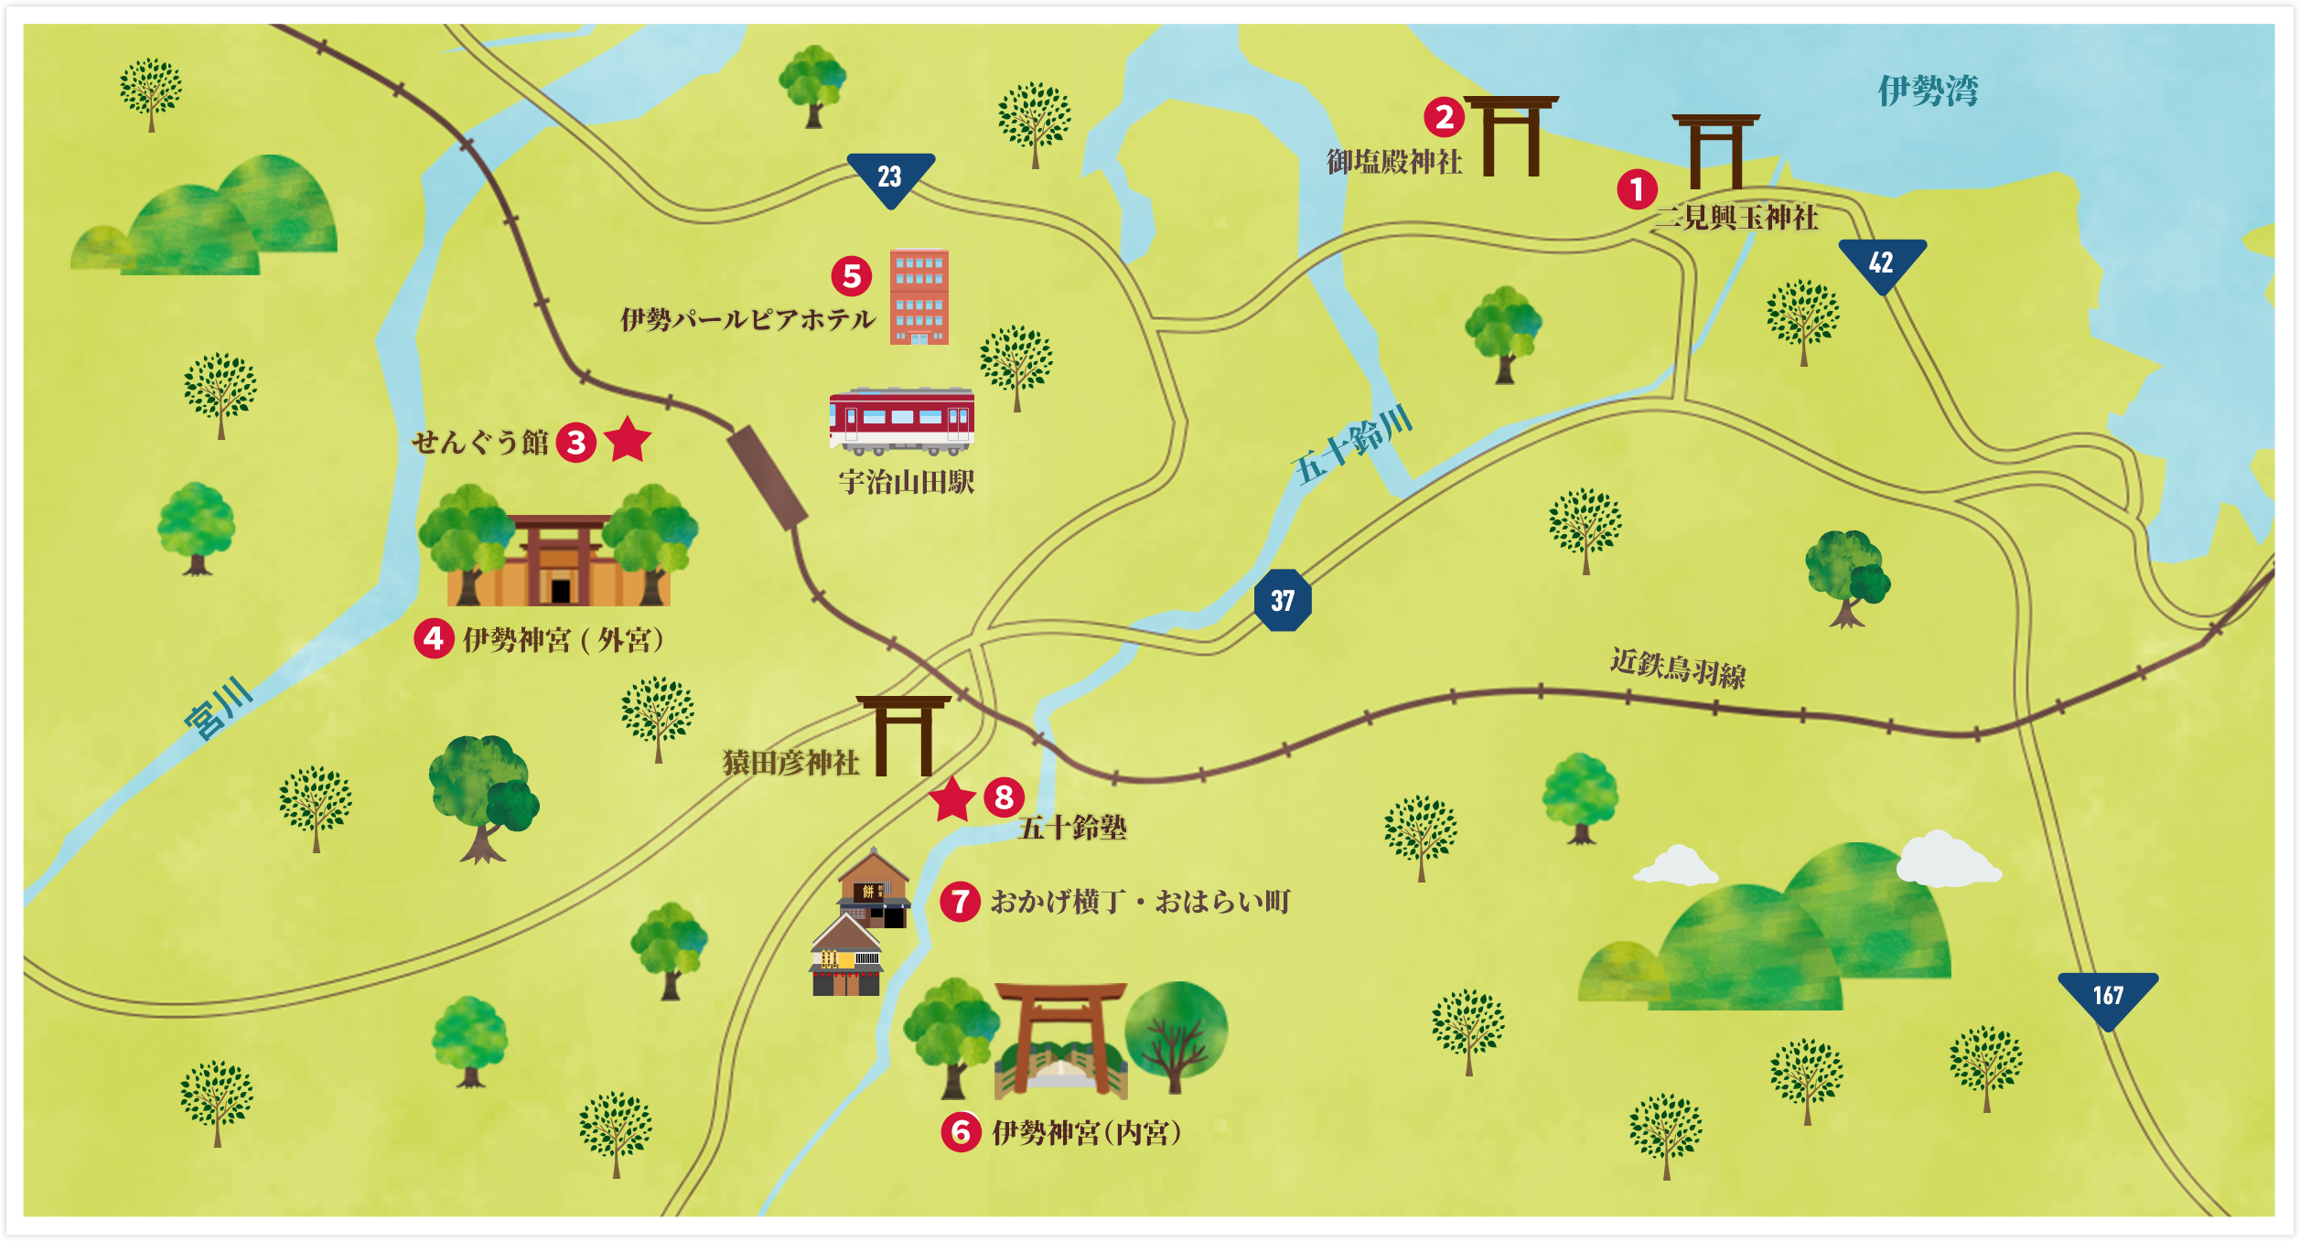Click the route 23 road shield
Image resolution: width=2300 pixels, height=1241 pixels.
[890, 177]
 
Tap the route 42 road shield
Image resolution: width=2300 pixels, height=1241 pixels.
[1882, 262]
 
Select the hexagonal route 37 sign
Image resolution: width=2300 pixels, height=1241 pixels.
[1283, 600]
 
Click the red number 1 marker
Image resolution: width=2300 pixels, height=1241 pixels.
[1637, 189]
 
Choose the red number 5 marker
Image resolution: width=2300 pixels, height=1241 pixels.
[852, 275]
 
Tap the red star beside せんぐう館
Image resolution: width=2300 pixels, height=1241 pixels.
[629, 441]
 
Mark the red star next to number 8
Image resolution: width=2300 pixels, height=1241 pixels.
[952, 800]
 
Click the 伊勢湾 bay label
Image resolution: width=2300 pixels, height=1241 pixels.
[1928, 91]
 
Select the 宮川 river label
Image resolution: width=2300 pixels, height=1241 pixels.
[218, 708]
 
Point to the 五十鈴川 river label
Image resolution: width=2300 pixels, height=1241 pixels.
[1352, 445]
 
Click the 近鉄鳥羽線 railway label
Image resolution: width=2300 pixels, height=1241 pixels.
[1678, 668]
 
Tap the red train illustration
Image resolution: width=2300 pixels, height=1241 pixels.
[902, 421]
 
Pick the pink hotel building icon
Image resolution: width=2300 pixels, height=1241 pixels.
[919, 296]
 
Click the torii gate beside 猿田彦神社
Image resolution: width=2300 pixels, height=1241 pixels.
[904, 736]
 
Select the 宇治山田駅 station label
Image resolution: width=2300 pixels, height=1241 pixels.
[906, 482]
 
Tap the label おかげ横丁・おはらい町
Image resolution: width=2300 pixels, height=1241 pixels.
[1140, 902]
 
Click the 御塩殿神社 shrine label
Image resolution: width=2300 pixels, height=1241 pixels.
[1394, 162]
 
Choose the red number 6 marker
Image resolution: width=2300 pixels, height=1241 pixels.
[961, 1132]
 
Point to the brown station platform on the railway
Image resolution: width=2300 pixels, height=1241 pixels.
[768, 478]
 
